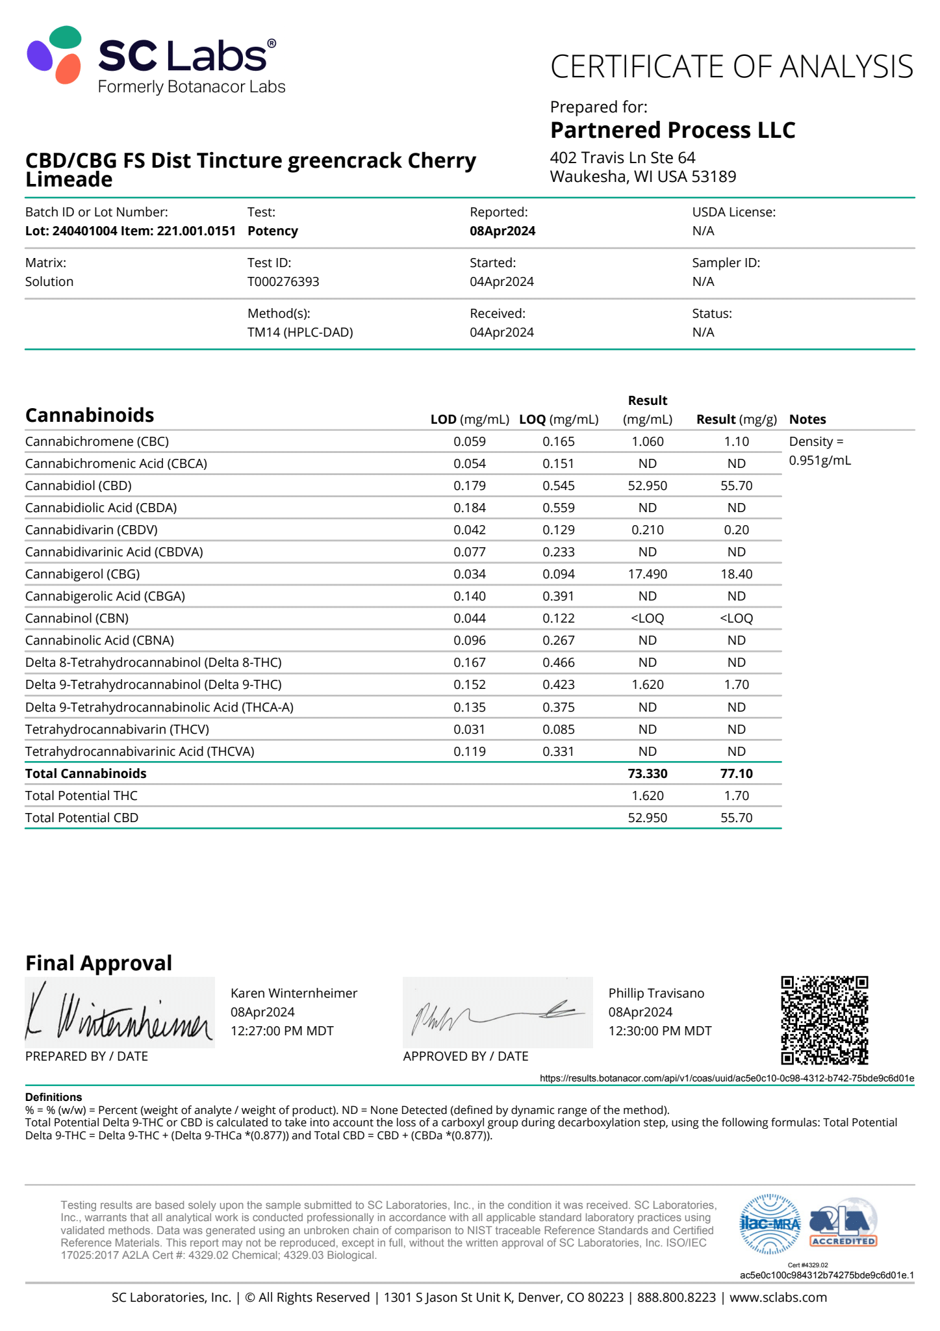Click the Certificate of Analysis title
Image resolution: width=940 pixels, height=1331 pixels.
[731, 67]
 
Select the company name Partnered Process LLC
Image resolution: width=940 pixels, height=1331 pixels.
[672, 130]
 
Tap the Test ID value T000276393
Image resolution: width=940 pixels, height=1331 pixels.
[283, 281]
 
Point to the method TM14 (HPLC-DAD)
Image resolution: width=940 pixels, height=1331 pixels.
[300, 332]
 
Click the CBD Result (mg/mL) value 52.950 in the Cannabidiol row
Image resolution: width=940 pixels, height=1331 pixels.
[647, 485]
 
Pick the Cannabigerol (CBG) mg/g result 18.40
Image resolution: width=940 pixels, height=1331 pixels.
[736, 574]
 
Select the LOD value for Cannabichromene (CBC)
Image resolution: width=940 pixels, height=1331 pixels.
[469, 441]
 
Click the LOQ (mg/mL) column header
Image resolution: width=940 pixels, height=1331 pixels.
[559, 419]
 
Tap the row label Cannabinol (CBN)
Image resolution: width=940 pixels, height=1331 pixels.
[77, 618]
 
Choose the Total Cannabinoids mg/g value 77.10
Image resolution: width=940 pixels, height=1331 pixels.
[736, 773]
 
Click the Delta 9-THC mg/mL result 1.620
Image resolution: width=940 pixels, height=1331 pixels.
[647, 684]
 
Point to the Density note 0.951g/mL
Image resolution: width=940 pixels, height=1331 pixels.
[820, 460]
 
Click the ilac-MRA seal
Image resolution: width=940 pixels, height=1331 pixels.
[770, 1224]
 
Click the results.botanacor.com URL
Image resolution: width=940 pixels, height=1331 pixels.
[726, 1078]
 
